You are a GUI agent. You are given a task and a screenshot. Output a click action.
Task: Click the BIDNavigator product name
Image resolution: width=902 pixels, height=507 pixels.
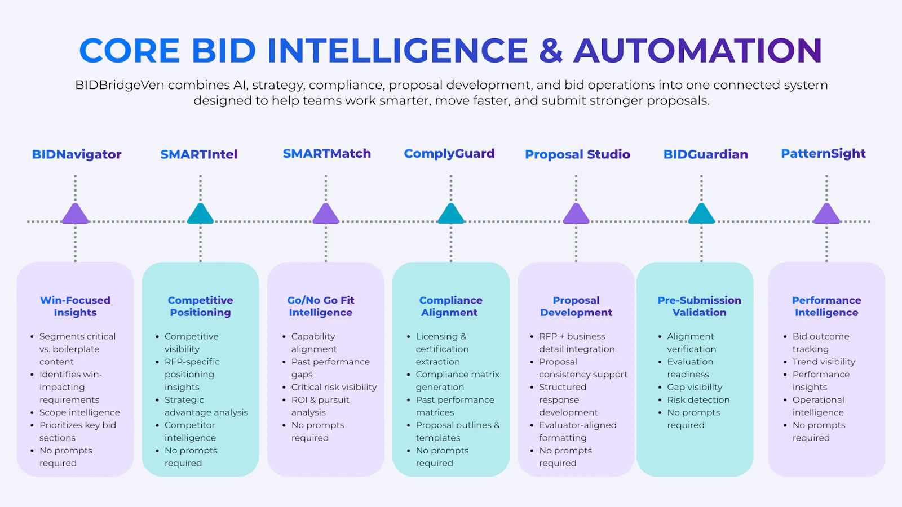[x=77, y=154]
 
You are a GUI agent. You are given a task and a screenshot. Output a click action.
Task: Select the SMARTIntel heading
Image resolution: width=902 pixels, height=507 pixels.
[x=199, y=154]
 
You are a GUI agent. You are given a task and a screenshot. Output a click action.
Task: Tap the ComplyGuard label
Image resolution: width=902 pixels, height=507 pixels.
[x=449, y=154]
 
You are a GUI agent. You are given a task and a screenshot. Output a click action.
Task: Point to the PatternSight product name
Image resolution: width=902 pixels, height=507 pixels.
[x=823, y=154]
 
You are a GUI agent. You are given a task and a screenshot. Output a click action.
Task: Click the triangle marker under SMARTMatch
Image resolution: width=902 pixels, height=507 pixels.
[x=326, y=214]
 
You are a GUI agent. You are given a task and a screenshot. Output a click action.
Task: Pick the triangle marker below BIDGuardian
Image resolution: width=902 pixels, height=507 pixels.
[x=701, y=214]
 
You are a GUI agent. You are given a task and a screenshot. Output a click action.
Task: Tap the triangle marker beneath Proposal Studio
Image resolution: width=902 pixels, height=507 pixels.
[x=576, y=214]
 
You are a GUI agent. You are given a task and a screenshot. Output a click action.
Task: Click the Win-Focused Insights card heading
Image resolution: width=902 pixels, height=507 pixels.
[x=76, y=306]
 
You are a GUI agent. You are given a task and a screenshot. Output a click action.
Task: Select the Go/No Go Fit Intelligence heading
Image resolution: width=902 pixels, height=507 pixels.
[x=321, y=306]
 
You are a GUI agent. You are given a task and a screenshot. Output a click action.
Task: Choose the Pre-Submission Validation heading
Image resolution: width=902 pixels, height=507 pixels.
[x=700, y=306]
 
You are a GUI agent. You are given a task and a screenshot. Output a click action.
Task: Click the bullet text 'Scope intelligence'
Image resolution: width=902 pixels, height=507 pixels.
[x=79, y=412]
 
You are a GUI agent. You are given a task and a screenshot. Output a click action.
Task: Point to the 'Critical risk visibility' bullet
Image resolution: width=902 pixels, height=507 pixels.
[x=334, y=387]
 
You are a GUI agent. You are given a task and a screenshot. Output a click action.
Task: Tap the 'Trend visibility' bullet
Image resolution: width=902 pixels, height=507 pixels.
[x=824, y=362]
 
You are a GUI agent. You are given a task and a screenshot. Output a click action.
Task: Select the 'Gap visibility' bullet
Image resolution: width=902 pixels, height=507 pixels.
[x=695, y=387]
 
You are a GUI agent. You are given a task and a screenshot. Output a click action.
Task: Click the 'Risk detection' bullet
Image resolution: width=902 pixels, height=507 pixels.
[x=698, y=399]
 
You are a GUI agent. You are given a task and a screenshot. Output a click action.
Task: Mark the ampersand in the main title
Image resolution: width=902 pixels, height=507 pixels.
[x=551, y=51]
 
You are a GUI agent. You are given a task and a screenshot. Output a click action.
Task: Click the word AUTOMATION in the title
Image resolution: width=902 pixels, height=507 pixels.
[x=698, y=51]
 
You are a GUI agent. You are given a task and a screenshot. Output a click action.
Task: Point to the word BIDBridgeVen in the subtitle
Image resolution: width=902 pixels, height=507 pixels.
[x=120, y=85]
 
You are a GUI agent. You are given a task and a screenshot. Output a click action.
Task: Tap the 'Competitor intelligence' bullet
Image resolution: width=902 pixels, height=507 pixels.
[x=190, y=432]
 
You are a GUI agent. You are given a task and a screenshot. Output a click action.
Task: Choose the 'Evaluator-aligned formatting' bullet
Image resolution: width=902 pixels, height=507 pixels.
[x=578, y=432]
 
